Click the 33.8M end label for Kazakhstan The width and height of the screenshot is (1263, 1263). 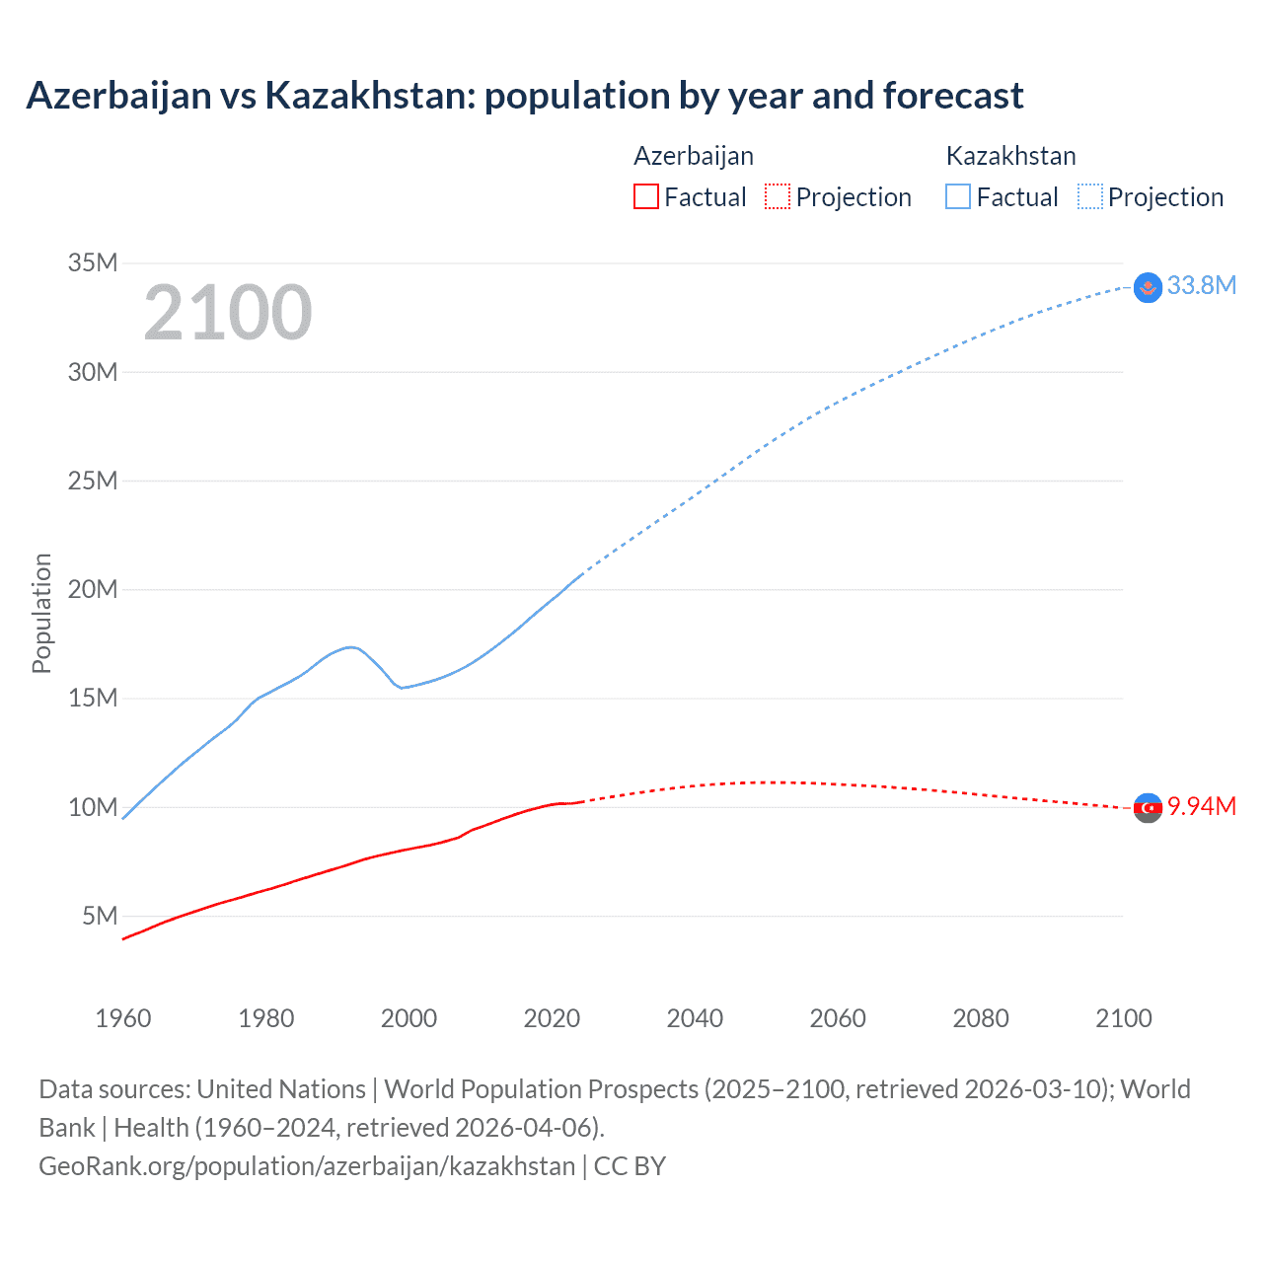(1201, 285)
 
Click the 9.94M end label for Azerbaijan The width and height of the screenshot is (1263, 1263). (1201, 806)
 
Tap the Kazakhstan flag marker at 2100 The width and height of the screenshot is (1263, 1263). (1148, 287)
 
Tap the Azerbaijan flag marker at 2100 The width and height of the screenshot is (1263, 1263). (1148, 808)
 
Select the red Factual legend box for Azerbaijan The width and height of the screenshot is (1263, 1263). (645, 196)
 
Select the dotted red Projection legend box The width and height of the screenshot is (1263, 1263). (778, 196)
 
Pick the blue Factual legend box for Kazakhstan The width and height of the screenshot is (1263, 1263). (957, 196)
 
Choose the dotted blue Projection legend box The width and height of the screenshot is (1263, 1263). (1089, 196)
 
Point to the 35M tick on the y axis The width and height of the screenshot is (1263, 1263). (93, 262)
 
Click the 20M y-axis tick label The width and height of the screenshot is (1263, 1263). (93, 589)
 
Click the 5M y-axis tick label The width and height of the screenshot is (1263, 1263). (100, 916)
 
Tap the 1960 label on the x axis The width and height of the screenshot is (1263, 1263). (123, 1018)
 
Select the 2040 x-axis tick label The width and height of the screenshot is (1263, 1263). (695, 1018)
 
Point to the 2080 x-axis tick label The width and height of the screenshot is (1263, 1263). (981, 1018)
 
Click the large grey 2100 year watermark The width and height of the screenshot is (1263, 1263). (228, 313)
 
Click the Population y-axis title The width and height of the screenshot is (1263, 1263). (41, 613)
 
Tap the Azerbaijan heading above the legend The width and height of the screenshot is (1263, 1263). (694, 156)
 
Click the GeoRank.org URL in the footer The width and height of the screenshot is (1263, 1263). (306, 1165)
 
